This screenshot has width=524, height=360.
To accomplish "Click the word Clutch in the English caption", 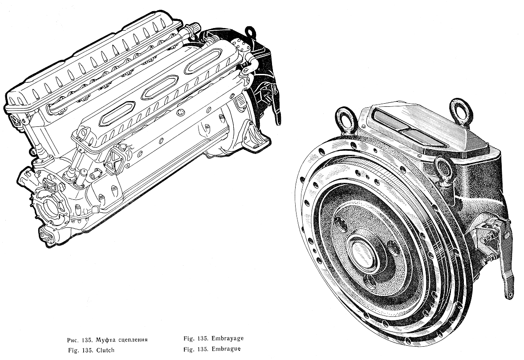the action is (x=105, y=350).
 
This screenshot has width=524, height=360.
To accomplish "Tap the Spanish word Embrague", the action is (x=226, y=349).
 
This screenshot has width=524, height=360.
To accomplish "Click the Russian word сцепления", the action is (x=133, y=340).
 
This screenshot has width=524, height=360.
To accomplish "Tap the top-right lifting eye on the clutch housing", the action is (x=461, y=111).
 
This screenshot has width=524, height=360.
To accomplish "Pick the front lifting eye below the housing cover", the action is (x=445, y=171).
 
